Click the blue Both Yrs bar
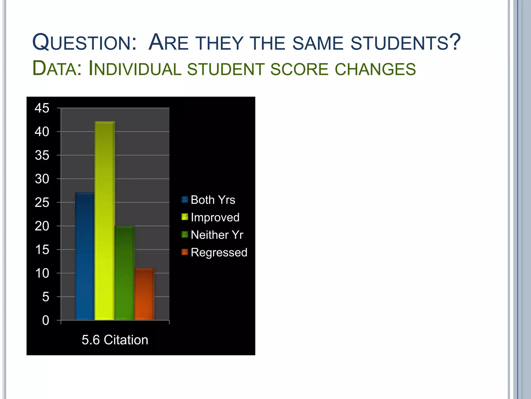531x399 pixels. point(85,256)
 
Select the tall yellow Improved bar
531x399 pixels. point(104,221)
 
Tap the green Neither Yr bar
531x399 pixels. point(125,273)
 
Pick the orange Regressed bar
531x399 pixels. point(144,294)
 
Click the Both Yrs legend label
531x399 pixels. point(213,200)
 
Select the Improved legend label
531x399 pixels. point(215,217)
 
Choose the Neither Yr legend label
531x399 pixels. point(217,235)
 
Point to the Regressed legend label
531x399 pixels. point(219,252)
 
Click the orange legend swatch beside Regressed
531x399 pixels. point(185,252)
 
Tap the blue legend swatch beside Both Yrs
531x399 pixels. point(185,199)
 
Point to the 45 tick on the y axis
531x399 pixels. point(42,108)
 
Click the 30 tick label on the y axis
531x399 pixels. point(42,179)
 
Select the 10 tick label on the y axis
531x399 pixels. point(42,273)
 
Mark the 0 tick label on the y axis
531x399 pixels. point(46,320)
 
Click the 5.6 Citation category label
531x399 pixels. point(115,340)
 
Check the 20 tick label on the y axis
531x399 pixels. point(42,226)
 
